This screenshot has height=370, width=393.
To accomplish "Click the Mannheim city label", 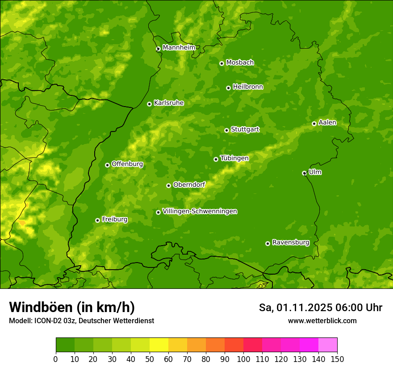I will (x=179, y=47).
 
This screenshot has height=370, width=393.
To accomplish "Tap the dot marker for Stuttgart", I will (x=226, y=130).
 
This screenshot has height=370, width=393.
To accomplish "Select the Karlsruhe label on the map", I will (x=169, y=103).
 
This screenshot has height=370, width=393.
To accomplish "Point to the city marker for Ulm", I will (x=304, y=173).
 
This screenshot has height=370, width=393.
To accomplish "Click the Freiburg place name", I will (x=114, y=219).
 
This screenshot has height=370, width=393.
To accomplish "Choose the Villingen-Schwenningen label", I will (x=200, y=211).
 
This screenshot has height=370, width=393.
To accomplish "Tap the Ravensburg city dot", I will (x=268, y=243).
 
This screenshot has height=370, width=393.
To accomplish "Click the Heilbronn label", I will (x=248, y=87).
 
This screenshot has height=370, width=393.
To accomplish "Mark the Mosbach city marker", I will (x=222, y=63).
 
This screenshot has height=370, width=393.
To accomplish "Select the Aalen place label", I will (x=327, y=123).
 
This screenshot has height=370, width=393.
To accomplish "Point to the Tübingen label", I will (x=234, y=158).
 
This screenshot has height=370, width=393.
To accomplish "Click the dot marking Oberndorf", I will (x=168, y=185).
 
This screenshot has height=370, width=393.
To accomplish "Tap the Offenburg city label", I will (x=127, y=164).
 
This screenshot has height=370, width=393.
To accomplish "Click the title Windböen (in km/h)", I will (x=72, y=307).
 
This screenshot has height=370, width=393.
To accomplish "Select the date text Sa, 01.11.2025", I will (x=295, y=308).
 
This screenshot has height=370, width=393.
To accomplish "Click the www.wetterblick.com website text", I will (x=322, y=321).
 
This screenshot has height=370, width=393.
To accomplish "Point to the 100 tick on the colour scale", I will (x=243, y=359).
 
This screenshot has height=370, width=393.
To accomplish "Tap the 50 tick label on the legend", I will (x=150, y=359).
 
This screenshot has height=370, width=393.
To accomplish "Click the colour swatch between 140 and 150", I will (x=328, y=345).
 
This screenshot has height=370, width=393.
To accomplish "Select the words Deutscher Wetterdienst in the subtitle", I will (x=117, y=321).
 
